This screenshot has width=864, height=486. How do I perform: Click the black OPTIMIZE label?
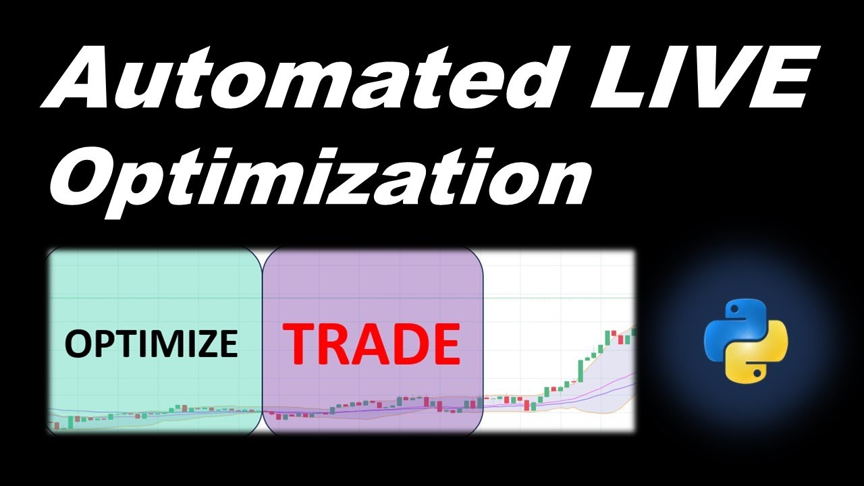click(x=151, y=343)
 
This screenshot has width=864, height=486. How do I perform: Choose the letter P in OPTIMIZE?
click(x=99, y=343)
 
